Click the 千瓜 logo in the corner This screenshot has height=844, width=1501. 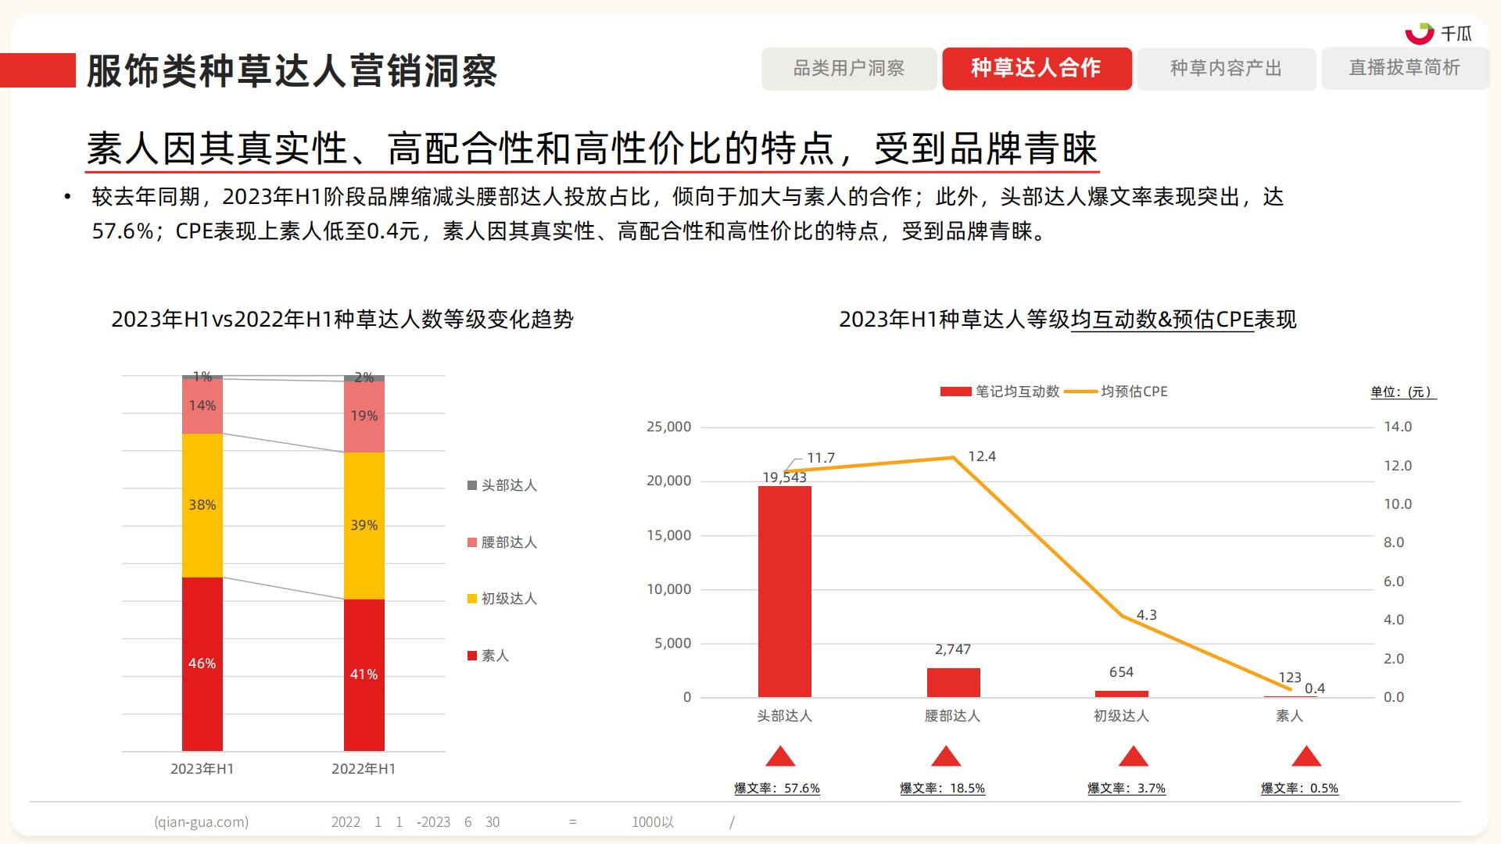pyautogui.click(x=1438, y=33)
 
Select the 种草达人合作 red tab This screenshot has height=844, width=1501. pyautogui.click(x=1036, y=69)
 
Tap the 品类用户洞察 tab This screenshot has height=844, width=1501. pyautogui.click(x=849, y=69)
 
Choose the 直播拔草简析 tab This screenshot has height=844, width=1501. pyautogui.click(x=1404, y=69)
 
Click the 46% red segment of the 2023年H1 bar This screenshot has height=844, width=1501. pyautogui.click(x=202, y=663)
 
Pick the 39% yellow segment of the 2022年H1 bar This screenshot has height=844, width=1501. pyautogui.click(x=364, y=525)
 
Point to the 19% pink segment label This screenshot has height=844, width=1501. pyautogui.click(x=364, y=416)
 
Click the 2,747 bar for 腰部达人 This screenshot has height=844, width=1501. pyautogui.click(x=953, y=682)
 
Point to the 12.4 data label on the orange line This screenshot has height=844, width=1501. pyautogui.click(x=982, y=456)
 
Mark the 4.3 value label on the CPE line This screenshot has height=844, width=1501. pyautogui.click(x=1146, y=615)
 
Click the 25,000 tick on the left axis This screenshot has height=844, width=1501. pyautogui.click(x=669, y=427)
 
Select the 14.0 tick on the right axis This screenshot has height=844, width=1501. pyautogui.click(x=1398, y=427)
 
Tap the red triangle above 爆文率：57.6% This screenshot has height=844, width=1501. pyautogui.click(x=780, y=756)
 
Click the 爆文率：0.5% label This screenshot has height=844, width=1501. pyautogui.click(x=1299, y=789)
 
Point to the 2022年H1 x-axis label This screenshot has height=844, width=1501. pyautogui.click(x=364, y=769)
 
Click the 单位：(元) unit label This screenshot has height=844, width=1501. pyautogui.click(x=1403, y=392)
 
